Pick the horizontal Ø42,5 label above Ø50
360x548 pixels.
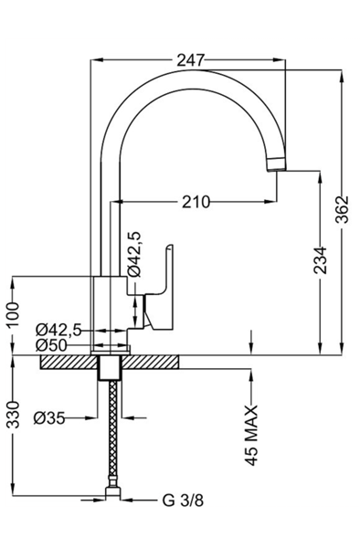(58, 330)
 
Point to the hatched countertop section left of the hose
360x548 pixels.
(69, 362)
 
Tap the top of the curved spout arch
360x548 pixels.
(196, 73)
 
